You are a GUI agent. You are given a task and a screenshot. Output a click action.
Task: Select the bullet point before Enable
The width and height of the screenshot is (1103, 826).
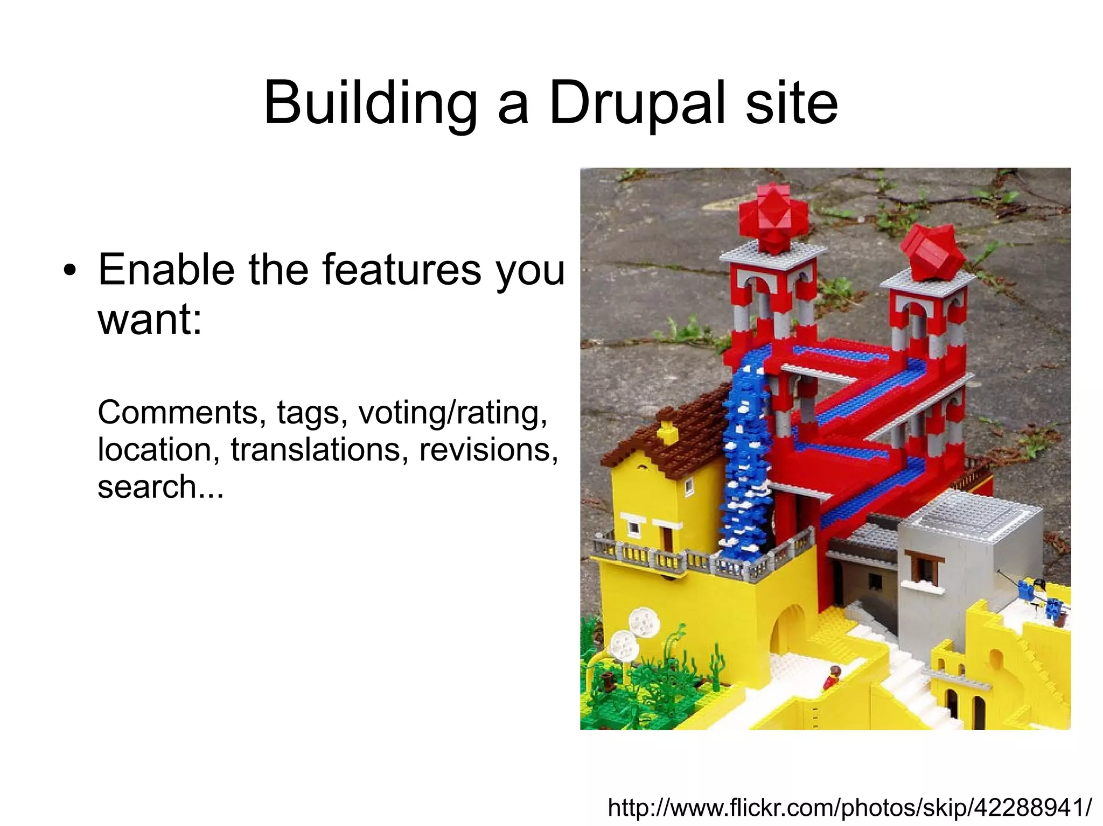(x=68, y=271)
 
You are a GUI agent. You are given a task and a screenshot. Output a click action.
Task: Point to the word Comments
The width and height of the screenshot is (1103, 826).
(x=178, y=413)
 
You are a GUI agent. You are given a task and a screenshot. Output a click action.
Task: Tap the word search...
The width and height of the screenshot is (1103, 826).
(x=146, y=486)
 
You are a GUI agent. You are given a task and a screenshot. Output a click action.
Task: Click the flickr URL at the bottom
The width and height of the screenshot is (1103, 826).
(x=850, y=807)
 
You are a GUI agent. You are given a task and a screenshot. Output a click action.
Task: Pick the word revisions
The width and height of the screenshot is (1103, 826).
(x=488, y=450)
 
